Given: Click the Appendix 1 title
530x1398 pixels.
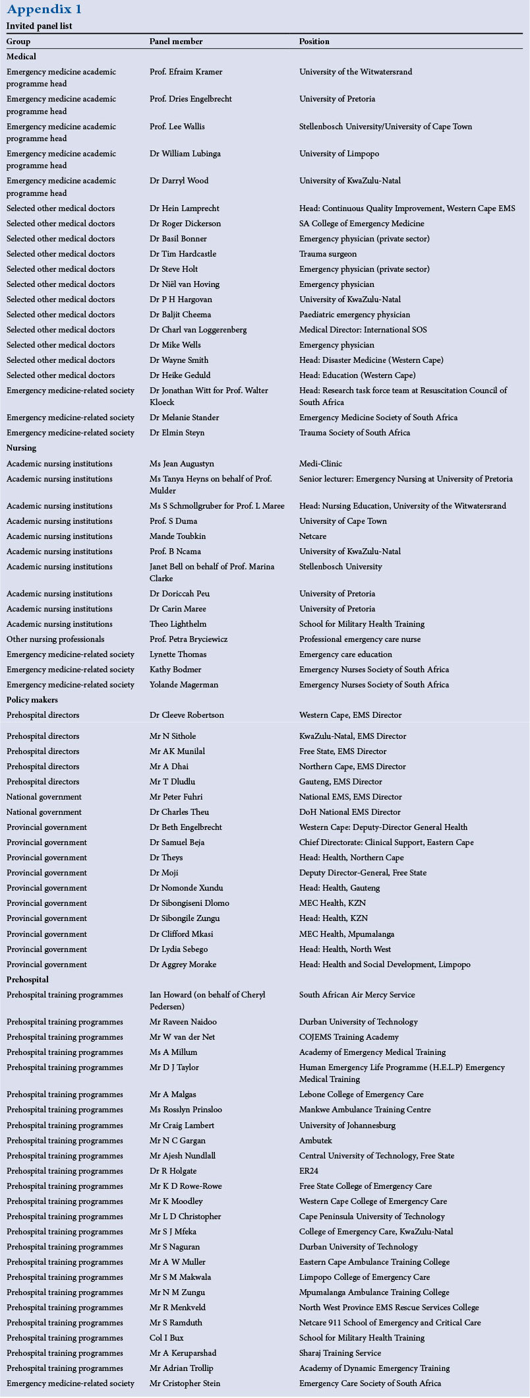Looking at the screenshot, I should (44, 9).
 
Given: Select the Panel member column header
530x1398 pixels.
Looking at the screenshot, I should (176, 42).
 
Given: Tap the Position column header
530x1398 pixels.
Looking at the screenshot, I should (314, 42).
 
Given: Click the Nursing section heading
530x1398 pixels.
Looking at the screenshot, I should (21, 448).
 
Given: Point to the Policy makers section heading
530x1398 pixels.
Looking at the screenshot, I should (32, 699).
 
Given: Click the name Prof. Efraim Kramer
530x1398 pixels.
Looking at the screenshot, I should (186, 72).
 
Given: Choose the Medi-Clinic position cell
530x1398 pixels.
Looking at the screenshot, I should (320, 464).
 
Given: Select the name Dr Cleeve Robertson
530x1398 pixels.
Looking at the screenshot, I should (187, 715).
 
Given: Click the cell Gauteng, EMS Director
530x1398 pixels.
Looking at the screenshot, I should (340, 782).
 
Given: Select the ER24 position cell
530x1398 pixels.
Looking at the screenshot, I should (310, 1171).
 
